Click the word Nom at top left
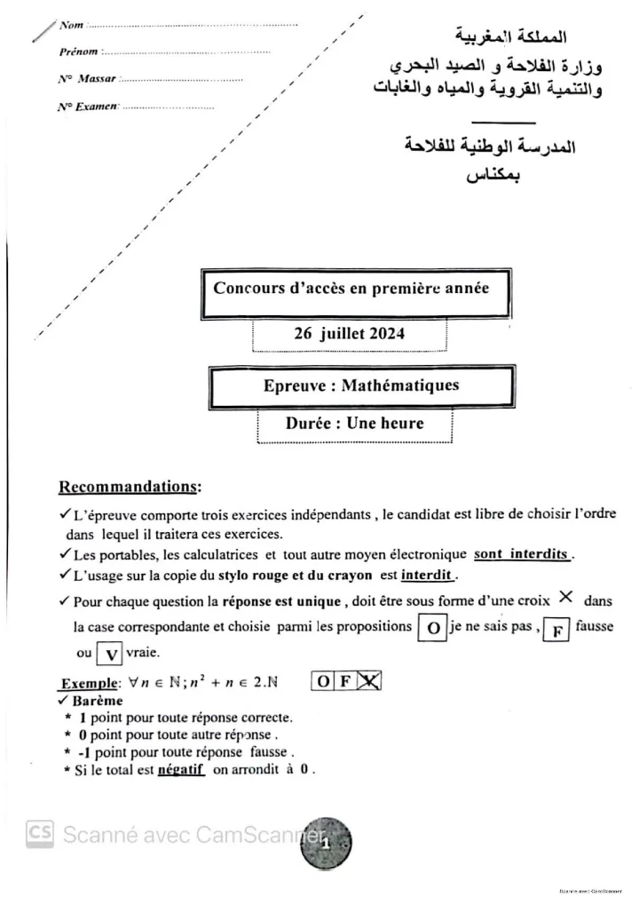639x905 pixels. [x=71, y=26]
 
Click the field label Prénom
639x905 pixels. [x=78, y=52]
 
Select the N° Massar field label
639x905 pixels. [x=87, y=79]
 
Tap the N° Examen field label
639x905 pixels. [x=88, y=107]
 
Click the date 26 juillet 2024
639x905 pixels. [x=349, y=335]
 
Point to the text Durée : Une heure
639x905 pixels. [x=354, y=424]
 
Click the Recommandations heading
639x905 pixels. [x=130, y=487]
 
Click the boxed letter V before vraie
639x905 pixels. [x=110, y=655]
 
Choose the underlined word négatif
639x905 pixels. [x=181, y=770]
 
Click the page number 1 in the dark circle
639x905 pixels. [x=325, y=844]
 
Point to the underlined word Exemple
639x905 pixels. [x=90, y=684]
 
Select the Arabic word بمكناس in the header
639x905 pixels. [x=493, y=173]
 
